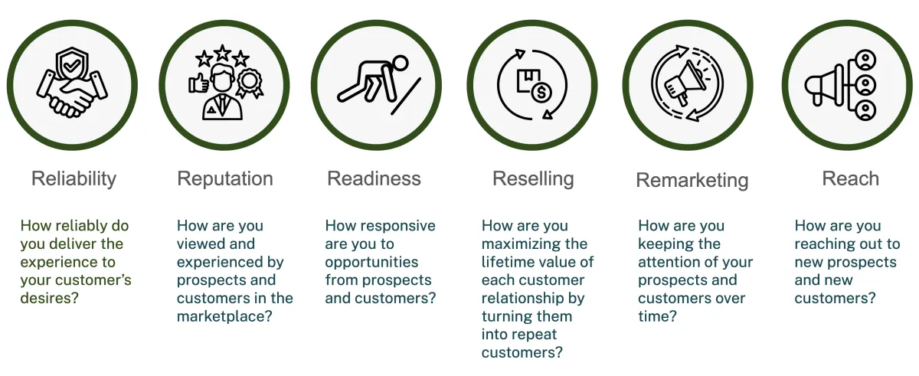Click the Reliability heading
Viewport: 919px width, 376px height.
tap(74, 179)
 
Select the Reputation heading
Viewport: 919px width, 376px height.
tap(225, 179)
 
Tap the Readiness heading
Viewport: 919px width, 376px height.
tap(374, 178)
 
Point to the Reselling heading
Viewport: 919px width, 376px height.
tap(533, 179)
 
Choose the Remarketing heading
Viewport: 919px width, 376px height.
tap(692, 181)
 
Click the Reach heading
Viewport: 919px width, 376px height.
tap(851, 178)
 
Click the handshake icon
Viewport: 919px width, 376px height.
tap(72, 94)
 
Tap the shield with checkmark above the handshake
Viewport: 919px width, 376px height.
tap(72, 64)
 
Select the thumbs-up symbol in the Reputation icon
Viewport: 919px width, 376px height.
tap(198, 83)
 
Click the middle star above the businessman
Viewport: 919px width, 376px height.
tap(222, 53)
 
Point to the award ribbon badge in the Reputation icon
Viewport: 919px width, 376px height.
tap(249, 83)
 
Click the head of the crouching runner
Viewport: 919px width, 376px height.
tap(399, 64)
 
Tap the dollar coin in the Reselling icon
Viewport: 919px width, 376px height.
tap(541, 92)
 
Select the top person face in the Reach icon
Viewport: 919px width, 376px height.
tap(865, 60)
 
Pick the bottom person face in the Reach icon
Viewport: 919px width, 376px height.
tap(865, 110)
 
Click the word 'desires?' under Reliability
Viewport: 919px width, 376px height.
tap(49, 298)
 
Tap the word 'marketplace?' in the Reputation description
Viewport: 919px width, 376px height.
tap(224, 316)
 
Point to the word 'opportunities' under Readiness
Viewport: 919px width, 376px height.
tap(371, 263)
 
